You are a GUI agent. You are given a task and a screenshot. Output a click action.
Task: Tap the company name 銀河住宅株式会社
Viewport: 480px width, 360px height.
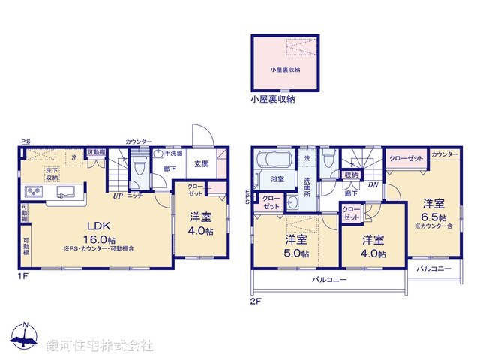[99, 346]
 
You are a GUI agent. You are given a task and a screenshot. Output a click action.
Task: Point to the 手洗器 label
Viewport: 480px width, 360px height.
[174, 153]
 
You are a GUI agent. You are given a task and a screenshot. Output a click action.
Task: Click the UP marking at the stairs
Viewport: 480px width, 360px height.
[118, 196]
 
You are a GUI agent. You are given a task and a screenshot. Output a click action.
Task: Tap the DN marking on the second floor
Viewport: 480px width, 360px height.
[372, 185]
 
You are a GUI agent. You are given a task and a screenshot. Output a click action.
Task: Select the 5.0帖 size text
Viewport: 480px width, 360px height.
[296, 254]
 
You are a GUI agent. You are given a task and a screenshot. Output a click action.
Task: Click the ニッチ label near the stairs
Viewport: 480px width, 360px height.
[135, 196]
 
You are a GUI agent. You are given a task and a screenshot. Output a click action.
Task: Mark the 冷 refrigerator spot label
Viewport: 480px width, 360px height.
[74, 158]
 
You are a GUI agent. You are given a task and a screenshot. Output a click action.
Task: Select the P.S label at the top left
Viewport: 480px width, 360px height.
[25, 142]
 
